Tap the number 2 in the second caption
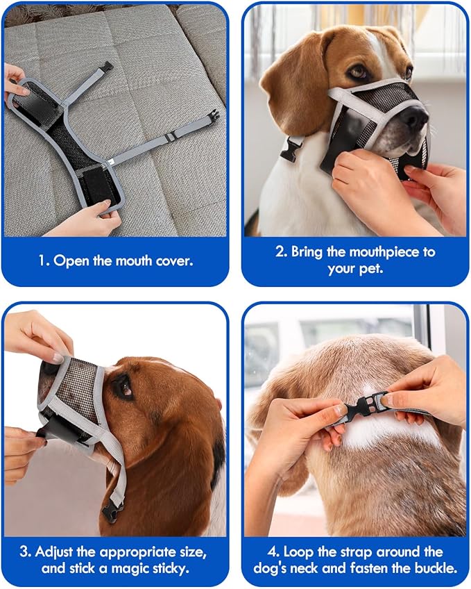280,251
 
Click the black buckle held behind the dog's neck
366,408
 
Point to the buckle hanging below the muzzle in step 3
112,512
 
